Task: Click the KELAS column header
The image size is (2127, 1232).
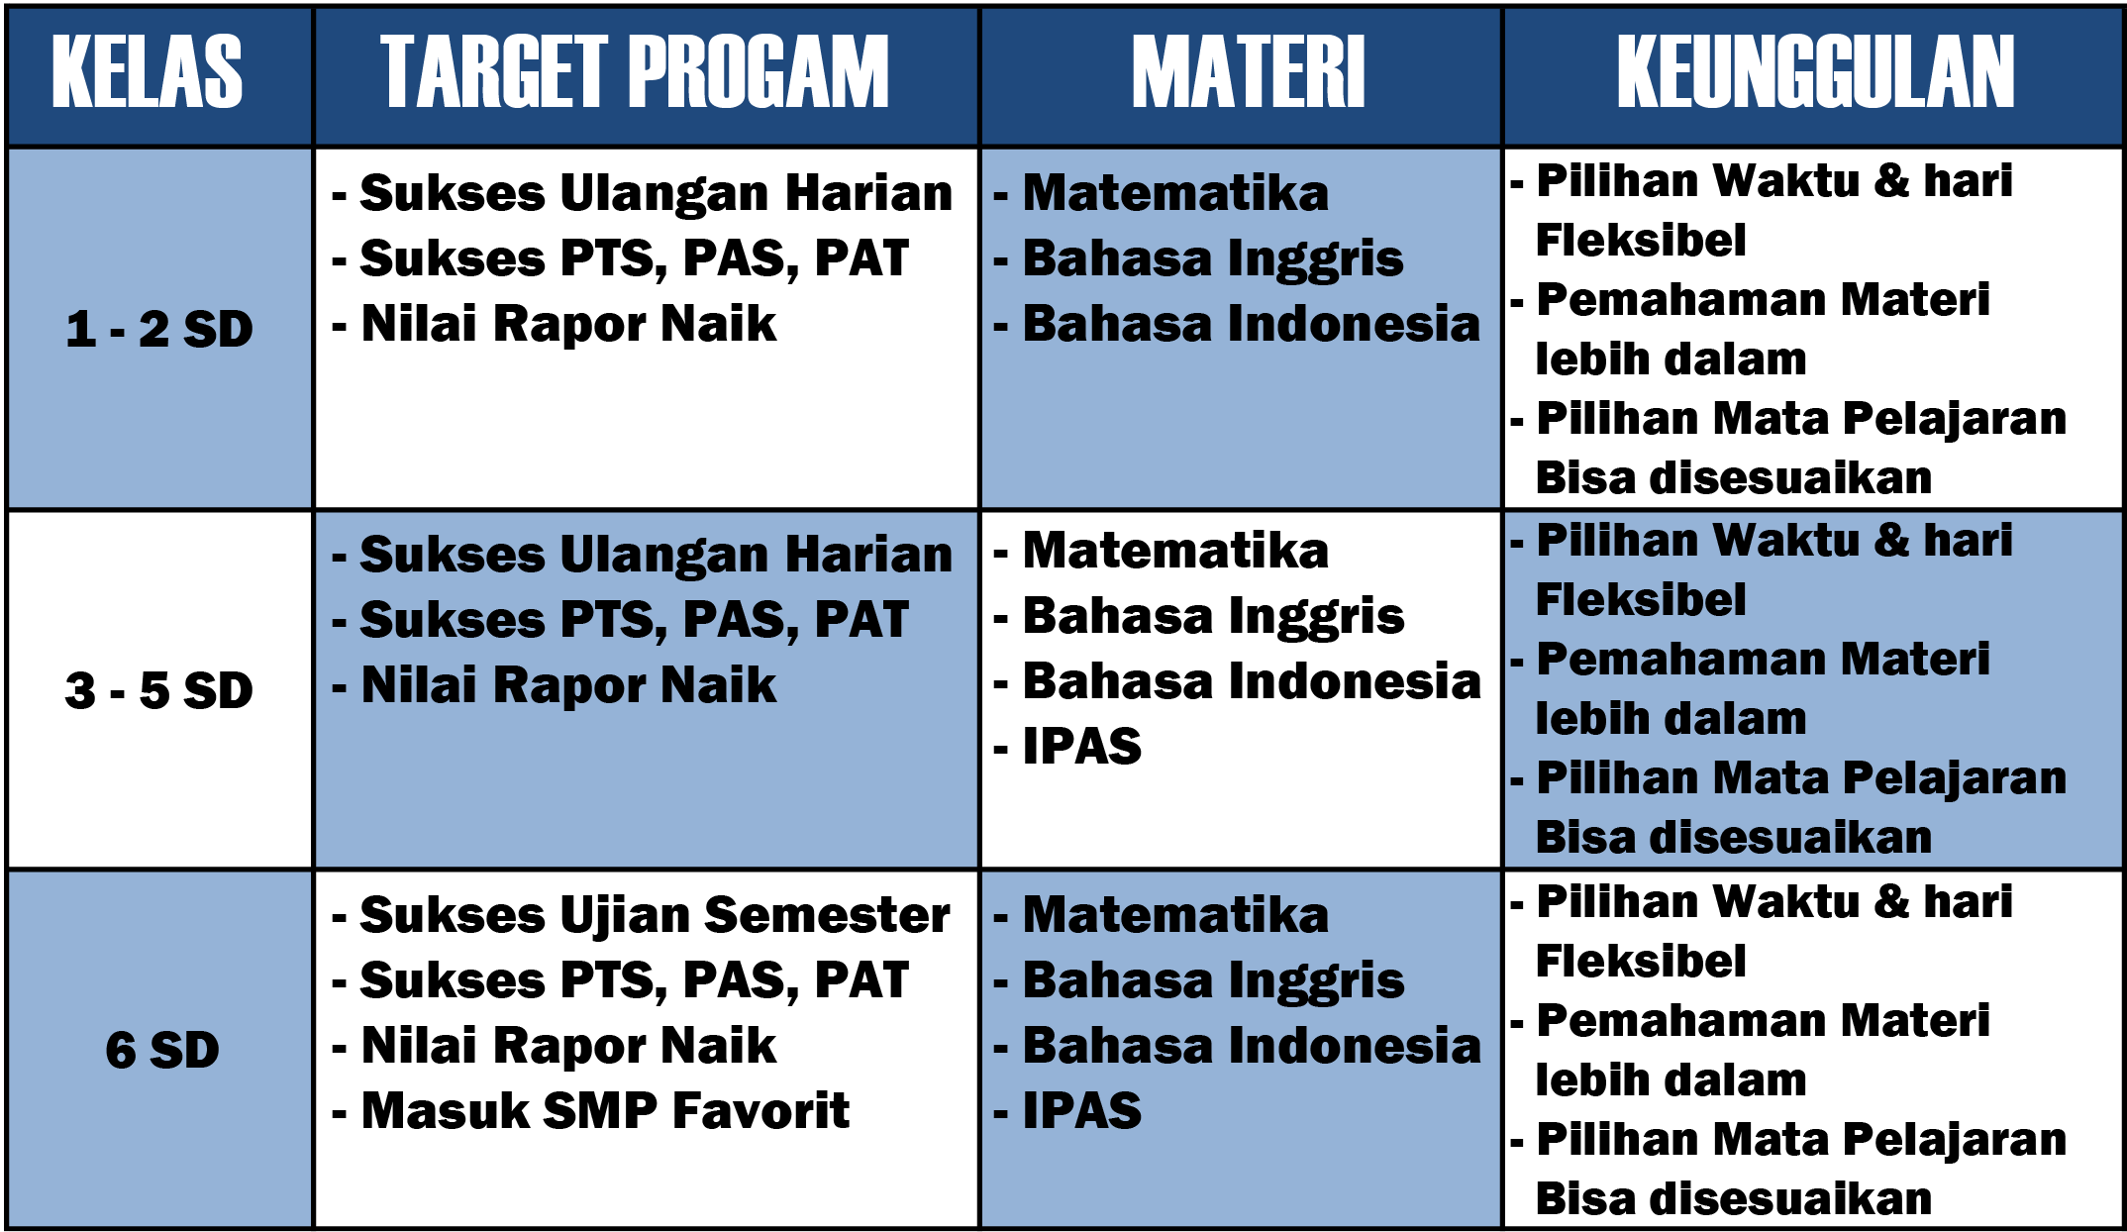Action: [x=147, y=71]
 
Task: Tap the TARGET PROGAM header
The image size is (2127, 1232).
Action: [x=635, y=71]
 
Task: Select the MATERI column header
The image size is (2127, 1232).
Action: [x=1249, y=71]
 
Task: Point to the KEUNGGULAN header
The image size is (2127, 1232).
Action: [x=1815, y=71]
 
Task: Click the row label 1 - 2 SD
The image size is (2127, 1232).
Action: [x=159, y=329]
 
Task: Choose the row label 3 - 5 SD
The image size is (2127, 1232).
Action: [x=159, y=690]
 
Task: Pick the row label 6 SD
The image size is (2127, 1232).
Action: [x=162, y=1050]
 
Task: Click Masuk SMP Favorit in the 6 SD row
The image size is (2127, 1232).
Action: [x=605, y=1110]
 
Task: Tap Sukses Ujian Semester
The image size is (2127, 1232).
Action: [x=655, y=915]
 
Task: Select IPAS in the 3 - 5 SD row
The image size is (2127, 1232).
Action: [x=1081, y=746]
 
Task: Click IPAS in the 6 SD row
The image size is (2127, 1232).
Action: [x=1081, y=1110]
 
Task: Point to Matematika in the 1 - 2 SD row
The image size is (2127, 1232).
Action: [x=1175, y=193]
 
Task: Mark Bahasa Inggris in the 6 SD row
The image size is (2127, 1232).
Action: [x=1213, y=981]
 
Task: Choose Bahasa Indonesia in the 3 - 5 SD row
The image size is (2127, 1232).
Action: [x=1252, y=681]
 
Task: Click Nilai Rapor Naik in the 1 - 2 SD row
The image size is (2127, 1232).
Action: [x=568, y=324]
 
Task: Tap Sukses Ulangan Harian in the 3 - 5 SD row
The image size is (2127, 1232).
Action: [x=656, y=555]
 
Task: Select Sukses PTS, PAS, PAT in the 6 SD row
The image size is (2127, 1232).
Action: [x=634, y=980]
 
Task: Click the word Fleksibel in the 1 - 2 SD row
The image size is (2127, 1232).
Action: [x=1640, y=240]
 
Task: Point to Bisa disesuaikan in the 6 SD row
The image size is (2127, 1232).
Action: [x=1733, y=1198]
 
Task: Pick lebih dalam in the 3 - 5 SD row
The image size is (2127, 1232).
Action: [x=1671, y=718]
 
